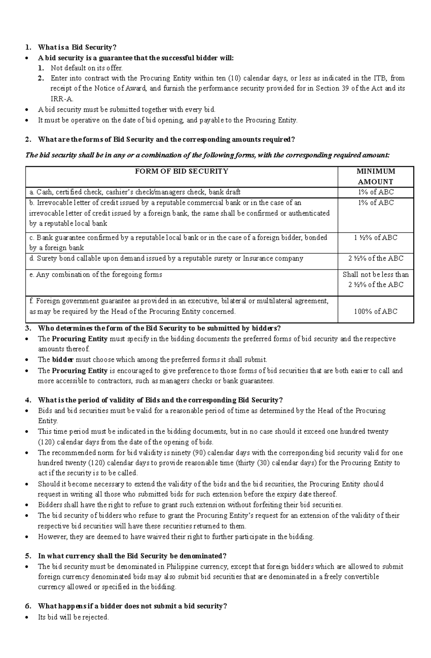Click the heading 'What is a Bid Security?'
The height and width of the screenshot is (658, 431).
pos(77,47)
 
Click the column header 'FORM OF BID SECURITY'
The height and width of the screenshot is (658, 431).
pos(181,171)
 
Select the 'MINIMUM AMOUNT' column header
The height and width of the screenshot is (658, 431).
pos(375,176)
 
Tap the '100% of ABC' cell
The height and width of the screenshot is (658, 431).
pos(375,311)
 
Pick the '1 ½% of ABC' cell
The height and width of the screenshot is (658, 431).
pos(375,237)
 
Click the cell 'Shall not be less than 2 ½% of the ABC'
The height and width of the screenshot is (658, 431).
pos(375,279)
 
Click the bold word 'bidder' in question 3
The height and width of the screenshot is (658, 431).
pos(62,359)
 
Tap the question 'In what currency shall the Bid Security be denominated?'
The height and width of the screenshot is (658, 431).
pos(132,556)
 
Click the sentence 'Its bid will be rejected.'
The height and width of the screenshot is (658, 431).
pos(73,617)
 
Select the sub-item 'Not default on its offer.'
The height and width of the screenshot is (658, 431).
pos(87,68)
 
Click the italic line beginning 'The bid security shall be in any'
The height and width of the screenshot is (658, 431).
pos(207,155)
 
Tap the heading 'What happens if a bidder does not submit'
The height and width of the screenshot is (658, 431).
pos(132,606)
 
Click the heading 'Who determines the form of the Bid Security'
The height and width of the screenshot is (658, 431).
pos(159,328)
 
